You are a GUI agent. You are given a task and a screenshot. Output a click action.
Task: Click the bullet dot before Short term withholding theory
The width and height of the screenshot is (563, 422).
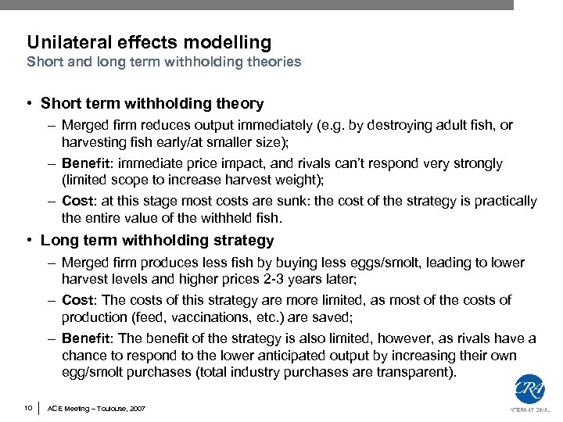point(28,104)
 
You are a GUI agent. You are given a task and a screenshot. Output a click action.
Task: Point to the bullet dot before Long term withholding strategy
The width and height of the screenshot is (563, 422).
point(28,241)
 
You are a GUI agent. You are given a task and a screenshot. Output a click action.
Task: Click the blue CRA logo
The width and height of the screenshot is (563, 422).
point(529,389)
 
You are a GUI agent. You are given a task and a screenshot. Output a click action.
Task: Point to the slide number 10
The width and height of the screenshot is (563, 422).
point(27,408)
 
